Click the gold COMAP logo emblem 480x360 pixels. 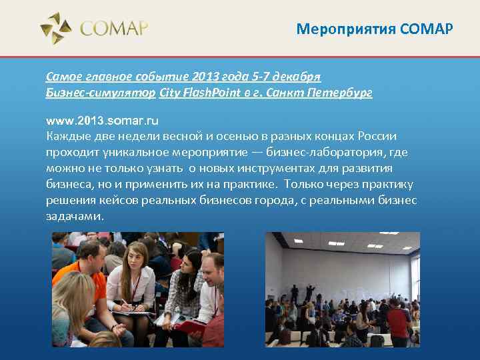[x=56, y=28]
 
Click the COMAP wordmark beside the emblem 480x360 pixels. [x=113, y=29]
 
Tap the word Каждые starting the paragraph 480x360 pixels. [x=65, y=137]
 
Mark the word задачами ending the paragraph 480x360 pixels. [x=75, y=217]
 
